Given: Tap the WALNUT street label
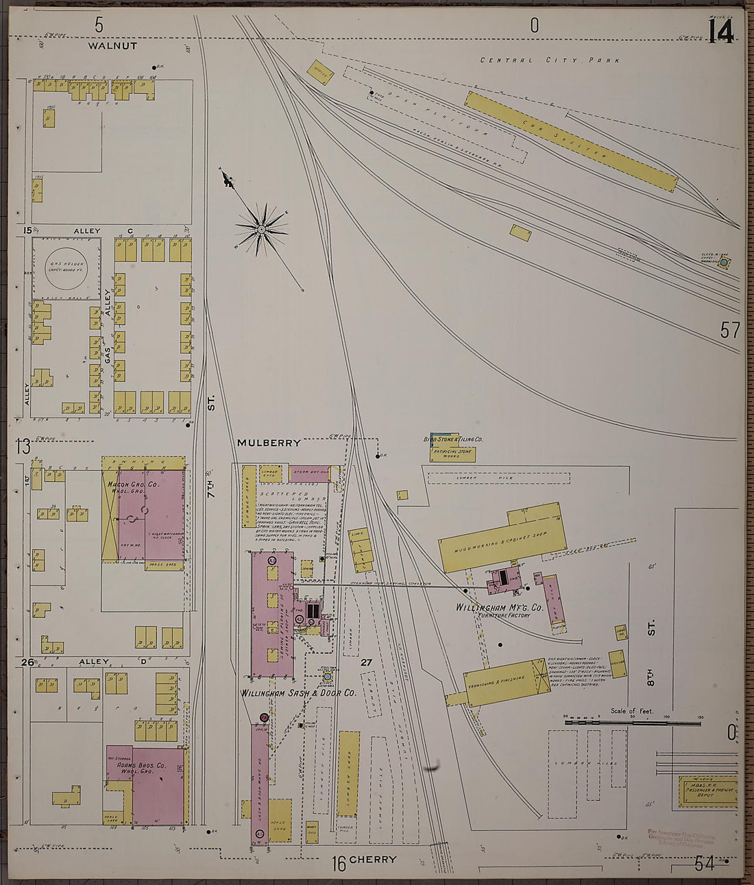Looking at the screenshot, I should [x=112, y=46].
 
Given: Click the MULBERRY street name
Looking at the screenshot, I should [x=269, y=443].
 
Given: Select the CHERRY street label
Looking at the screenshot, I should [x=373, y=860].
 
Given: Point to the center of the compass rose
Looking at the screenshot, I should [x=262, y=228].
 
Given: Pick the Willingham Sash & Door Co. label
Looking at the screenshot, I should [x=298, y=693].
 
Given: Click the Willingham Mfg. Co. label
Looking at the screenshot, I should [x=500, y=607].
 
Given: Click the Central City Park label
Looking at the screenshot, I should [x=550, y=60].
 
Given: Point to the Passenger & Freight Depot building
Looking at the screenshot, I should [x=708, y=792].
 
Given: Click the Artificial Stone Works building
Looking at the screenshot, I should [x=452, y=452].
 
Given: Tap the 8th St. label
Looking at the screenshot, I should [x=651, y=652].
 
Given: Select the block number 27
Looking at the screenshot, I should [x=366, y=662].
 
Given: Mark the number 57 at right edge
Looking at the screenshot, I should [x=730, y=330].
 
